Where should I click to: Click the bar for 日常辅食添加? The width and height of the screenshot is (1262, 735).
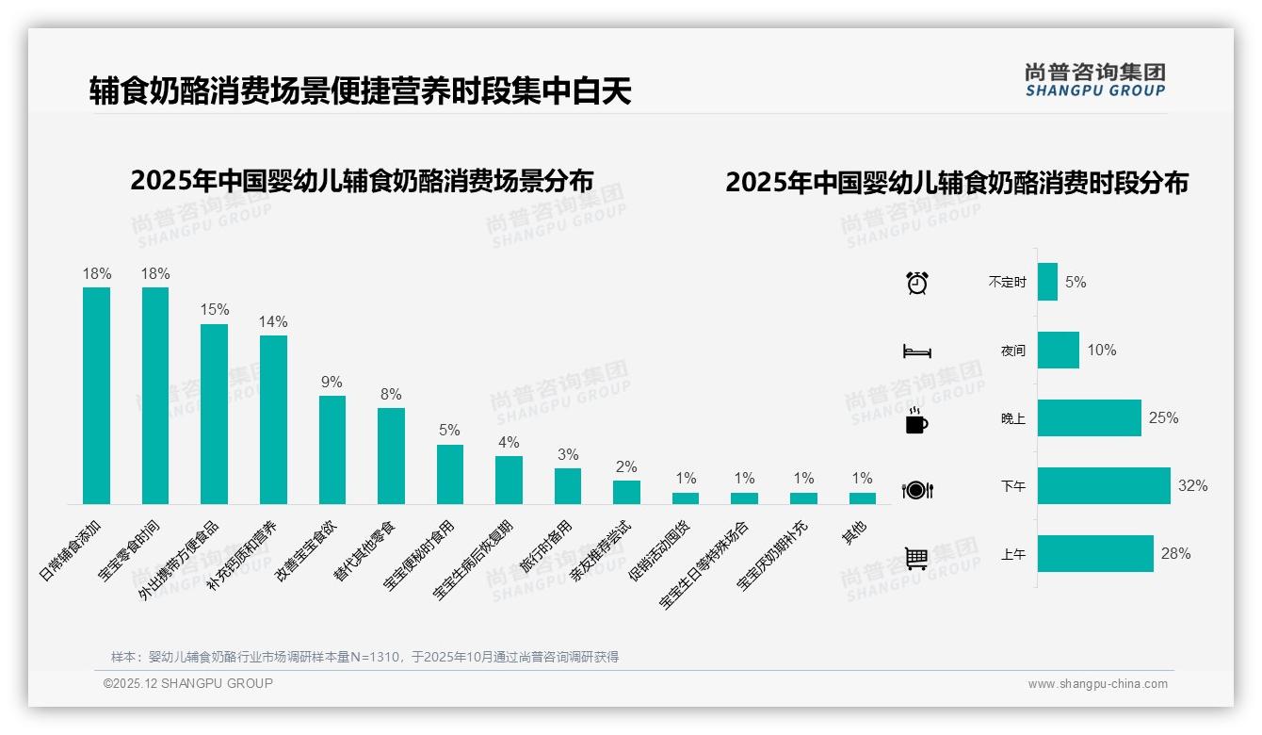(x=96, y=396)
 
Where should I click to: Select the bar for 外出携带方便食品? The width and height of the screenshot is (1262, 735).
(x=214, y=415)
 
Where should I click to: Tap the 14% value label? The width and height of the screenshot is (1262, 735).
(x=273, y=321)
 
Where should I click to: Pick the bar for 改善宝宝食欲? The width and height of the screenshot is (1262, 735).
(x=332, y=449)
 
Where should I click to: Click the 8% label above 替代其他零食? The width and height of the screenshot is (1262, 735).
(x=391, y=394)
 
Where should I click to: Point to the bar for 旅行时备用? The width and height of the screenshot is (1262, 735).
(x=567, y=485)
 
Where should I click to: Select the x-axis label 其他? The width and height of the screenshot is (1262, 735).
(x=855, y=533)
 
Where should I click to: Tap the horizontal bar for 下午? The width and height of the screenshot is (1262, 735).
(x=1104, y=486)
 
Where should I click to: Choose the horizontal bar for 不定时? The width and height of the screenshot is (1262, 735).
(x=1047, y=282)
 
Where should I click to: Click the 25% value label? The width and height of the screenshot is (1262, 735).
(x=1163, y=417)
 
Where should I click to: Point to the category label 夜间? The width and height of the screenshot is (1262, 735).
(x=1013, y=351)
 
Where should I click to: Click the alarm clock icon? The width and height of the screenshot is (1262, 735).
(x=916, y=282)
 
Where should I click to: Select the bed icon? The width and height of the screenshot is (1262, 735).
(x=916, y=351)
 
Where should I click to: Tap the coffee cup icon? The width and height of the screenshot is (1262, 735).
(x=916, y=420)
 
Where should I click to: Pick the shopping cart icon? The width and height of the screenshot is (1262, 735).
(x=916, y=558)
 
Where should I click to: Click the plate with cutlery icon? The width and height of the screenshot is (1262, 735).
(x=916, y=489)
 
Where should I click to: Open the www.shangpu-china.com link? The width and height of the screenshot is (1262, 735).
(x=1097, y=684)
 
